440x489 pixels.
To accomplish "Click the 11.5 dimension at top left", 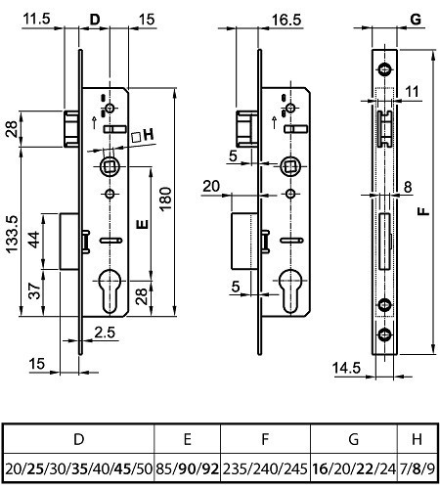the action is (x=37, y=19).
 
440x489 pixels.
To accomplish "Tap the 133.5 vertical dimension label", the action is (x=12, y=234).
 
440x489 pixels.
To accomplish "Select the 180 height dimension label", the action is (x=165, y=199).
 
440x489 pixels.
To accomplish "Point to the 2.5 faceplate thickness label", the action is (x=105, y=333).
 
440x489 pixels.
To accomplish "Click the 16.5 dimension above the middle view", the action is (x=286, y=20).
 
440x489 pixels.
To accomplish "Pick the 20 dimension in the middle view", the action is (x=211, y=186).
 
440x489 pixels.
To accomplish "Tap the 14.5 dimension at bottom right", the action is (x=346, y=368).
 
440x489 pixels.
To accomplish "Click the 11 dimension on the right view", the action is (x=412, y=92).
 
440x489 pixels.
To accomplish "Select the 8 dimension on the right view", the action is (x=408, y=187).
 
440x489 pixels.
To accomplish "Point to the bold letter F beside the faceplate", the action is (x=423, y=211).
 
